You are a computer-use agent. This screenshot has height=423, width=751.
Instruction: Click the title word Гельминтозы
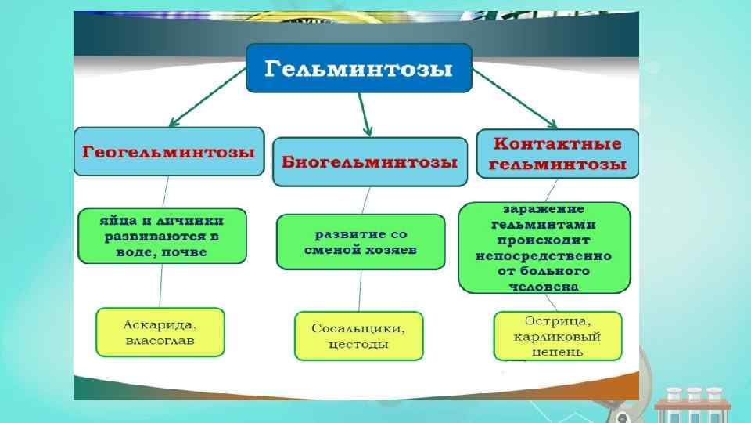pyautogui.click(x=359, y=69)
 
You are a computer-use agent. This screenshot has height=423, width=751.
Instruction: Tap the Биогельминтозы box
pyautogui.click(x=369, y=162)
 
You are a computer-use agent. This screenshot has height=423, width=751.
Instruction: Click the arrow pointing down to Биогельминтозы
pyautogui.click(x=364, y=114)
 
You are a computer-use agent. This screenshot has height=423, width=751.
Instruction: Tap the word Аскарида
pyautogui.click(x=160, y=324)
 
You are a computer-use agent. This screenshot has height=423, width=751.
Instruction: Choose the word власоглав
pyautogui.click(x=160, y=341)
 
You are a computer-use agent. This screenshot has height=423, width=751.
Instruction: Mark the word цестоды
pyautogui.click(x=358, y=345)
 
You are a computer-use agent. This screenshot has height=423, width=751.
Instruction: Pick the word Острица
pyautogui.click(x=558, y=321)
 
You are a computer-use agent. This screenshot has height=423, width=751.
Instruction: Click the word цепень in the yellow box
pyautogui.click(x=558, y=352)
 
